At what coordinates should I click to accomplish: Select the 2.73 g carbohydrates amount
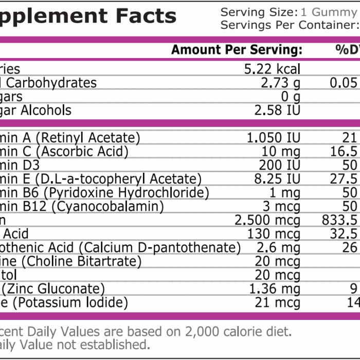click(x=280, y=83)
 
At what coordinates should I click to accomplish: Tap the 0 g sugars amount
click(x=291, y=97)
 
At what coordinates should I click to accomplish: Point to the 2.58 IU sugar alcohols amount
click(x=277, y=111)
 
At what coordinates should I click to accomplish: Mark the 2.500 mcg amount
click(x=267, y=221)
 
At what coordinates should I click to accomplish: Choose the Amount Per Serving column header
click(x=236, y=50)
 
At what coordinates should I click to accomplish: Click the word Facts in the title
click(x=146, y=16)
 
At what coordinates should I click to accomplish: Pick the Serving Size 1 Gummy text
click(x=289, y=12)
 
